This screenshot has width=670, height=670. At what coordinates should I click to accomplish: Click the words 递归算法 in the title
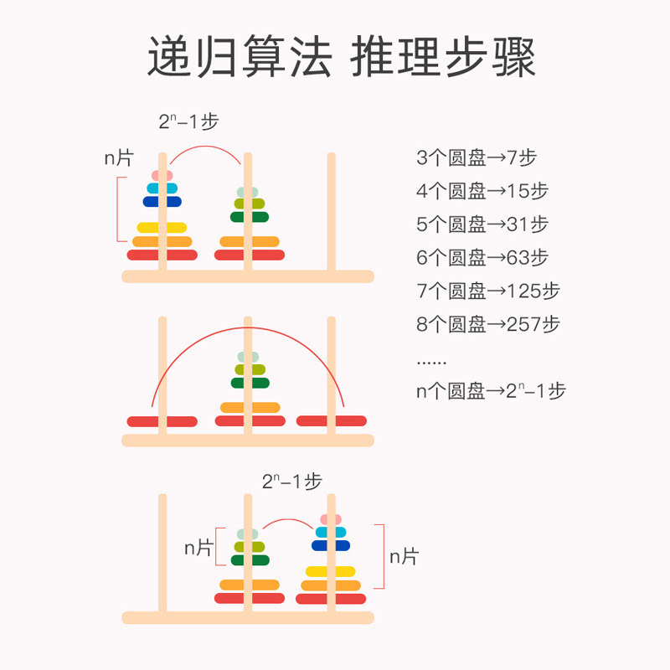click(239, 58)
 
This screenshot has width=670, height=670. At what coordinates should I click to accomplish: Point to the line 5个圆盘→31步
click(482, 224)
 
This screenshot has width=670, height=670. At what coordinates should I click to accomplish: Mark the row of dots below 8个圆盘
click(431, 362)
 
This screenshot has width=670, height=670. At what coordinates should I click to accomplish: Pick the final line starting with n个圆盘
click(491, 390)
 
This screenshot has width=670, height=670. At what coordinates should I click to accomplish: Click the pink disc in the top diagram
click(162, 175)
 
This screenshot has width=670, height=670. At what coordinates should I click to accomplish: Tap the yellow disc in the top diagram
click(162, 227)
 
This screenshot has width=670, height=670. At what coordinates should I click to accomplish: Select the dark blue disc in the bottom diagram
click(331, 545)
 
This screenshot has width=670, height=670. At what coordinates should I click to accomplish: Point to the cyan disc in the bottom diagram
click(331, 532)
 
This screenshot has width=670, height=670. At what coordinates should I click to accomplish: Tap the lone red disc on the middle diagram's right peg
click(332, 421)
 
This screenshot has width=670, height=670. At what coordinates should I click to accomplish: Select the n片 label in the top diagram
click(116, 157)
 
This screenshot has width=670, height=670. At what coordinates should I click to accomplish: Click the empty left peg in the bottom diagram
click(162, 553)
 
